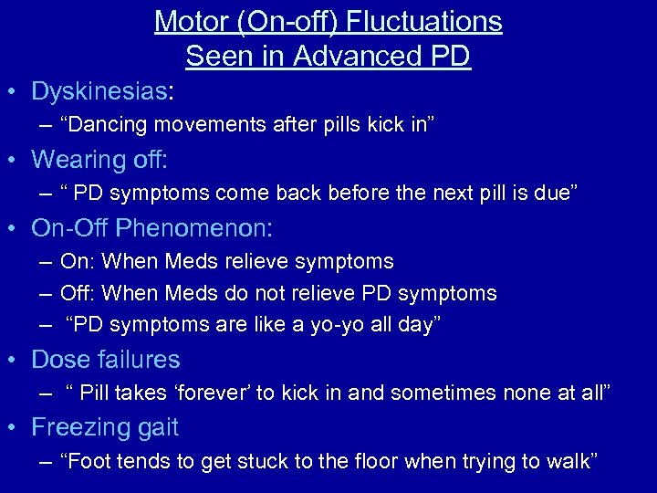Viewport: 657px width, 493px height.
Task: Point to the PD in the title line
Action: pyautogui.click(x=448, y=57)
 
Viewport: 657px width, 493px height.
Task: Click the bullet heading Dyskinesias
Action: pyautogui.click(x=99, y=91)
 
